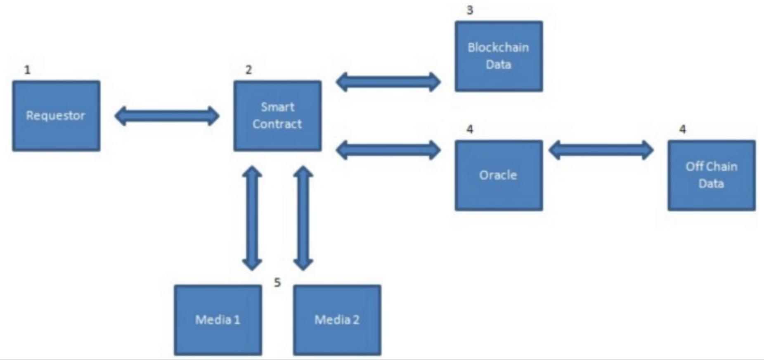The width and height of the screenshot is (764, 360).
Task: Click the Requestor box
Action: [56, 116]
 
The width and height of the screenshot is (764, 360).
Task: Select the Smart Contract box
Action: [277, 116]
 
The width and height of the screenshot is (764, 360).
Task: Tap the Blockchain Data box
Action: [498, 56]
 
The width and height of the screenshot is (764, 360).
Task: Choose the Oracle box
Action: [498, 175]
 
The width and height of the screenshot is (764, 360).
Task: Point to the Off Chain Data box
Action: [711, 175]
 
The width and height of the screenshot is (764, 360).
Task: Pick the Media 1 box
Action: [218, 320]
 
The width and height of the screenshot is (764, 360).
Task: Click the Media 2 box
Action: [337, 320]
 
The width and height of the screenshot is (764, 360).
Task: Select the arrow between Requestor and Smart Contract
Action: [167, 116]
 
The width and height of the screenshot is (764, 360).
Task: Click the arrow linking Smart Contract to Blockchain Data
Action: [388, 82]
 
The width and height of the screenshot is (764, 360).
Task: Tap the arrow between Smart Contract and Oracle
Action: [388, 150]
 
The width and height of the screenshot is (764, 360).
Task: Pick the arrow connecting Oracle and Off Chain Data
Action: [601, 150]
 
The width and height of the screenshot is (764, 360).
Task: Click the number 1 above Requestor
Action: [27, 70]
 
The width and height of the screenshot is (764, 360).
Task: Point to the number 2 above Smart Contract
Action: [248, 70]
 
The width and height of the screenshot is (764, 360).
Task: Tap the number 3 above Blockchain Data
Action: [470, 10]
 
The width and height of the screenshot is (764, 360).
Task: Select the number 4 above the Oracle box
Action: [470, 130]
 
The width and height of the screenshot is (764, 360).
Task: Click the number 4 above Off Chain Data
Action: [683, 130]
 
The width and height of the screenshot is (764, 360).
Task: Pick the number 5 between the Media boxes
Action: [277, 283]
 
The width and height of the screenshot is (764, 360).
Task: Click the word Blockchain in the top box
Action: [498, 47]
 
